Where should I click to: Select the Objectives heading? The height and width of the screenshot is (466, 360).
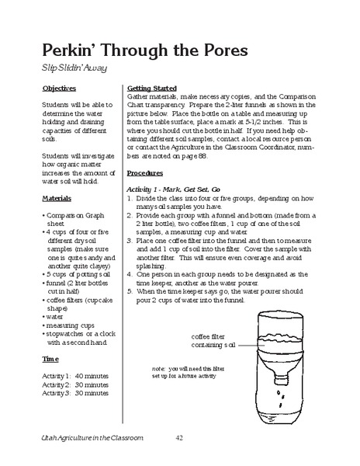pos(60,89)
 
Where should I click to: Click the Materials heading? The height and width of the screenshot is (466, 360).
pos(57,198)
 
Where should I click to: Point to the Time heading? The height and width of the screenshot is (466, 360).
pos(50,360)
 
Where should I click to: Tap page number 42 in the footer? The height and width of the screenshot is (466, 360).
pos(180,439)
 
